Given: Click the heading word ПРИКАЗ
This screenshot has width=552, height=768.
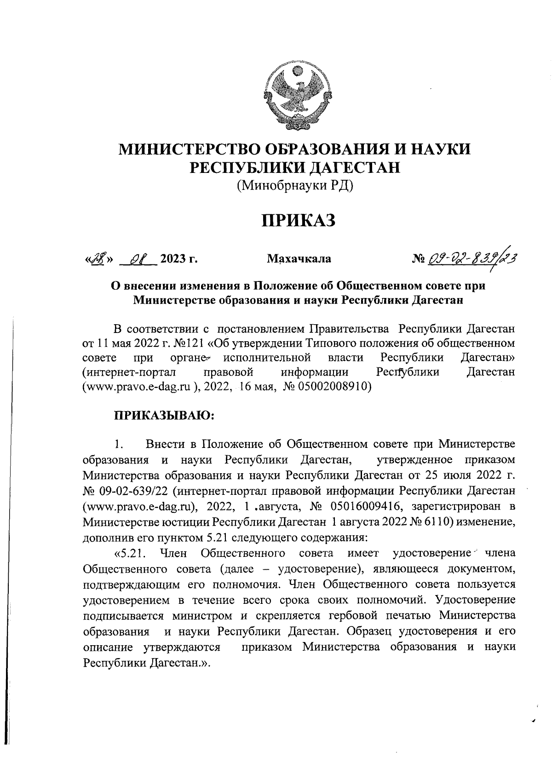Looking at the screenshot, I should pyautogui.click(x=296, y=220).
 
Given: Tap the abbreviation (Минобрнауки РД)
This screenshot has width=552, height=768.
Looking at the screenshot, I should pyautogui.click(x=295, y=186).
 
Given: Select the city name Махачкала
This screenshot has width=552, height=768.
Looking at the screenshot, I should pyautogui.click(x=299, y=259).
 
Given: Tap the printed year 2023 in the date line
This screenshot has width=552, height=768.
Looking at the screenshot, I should pyautogui.click(x=173, y=259).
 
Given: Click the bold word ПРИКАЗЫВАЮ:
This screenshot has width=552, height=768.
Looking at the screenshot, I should pyautogui.click(x=164, y=415).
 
